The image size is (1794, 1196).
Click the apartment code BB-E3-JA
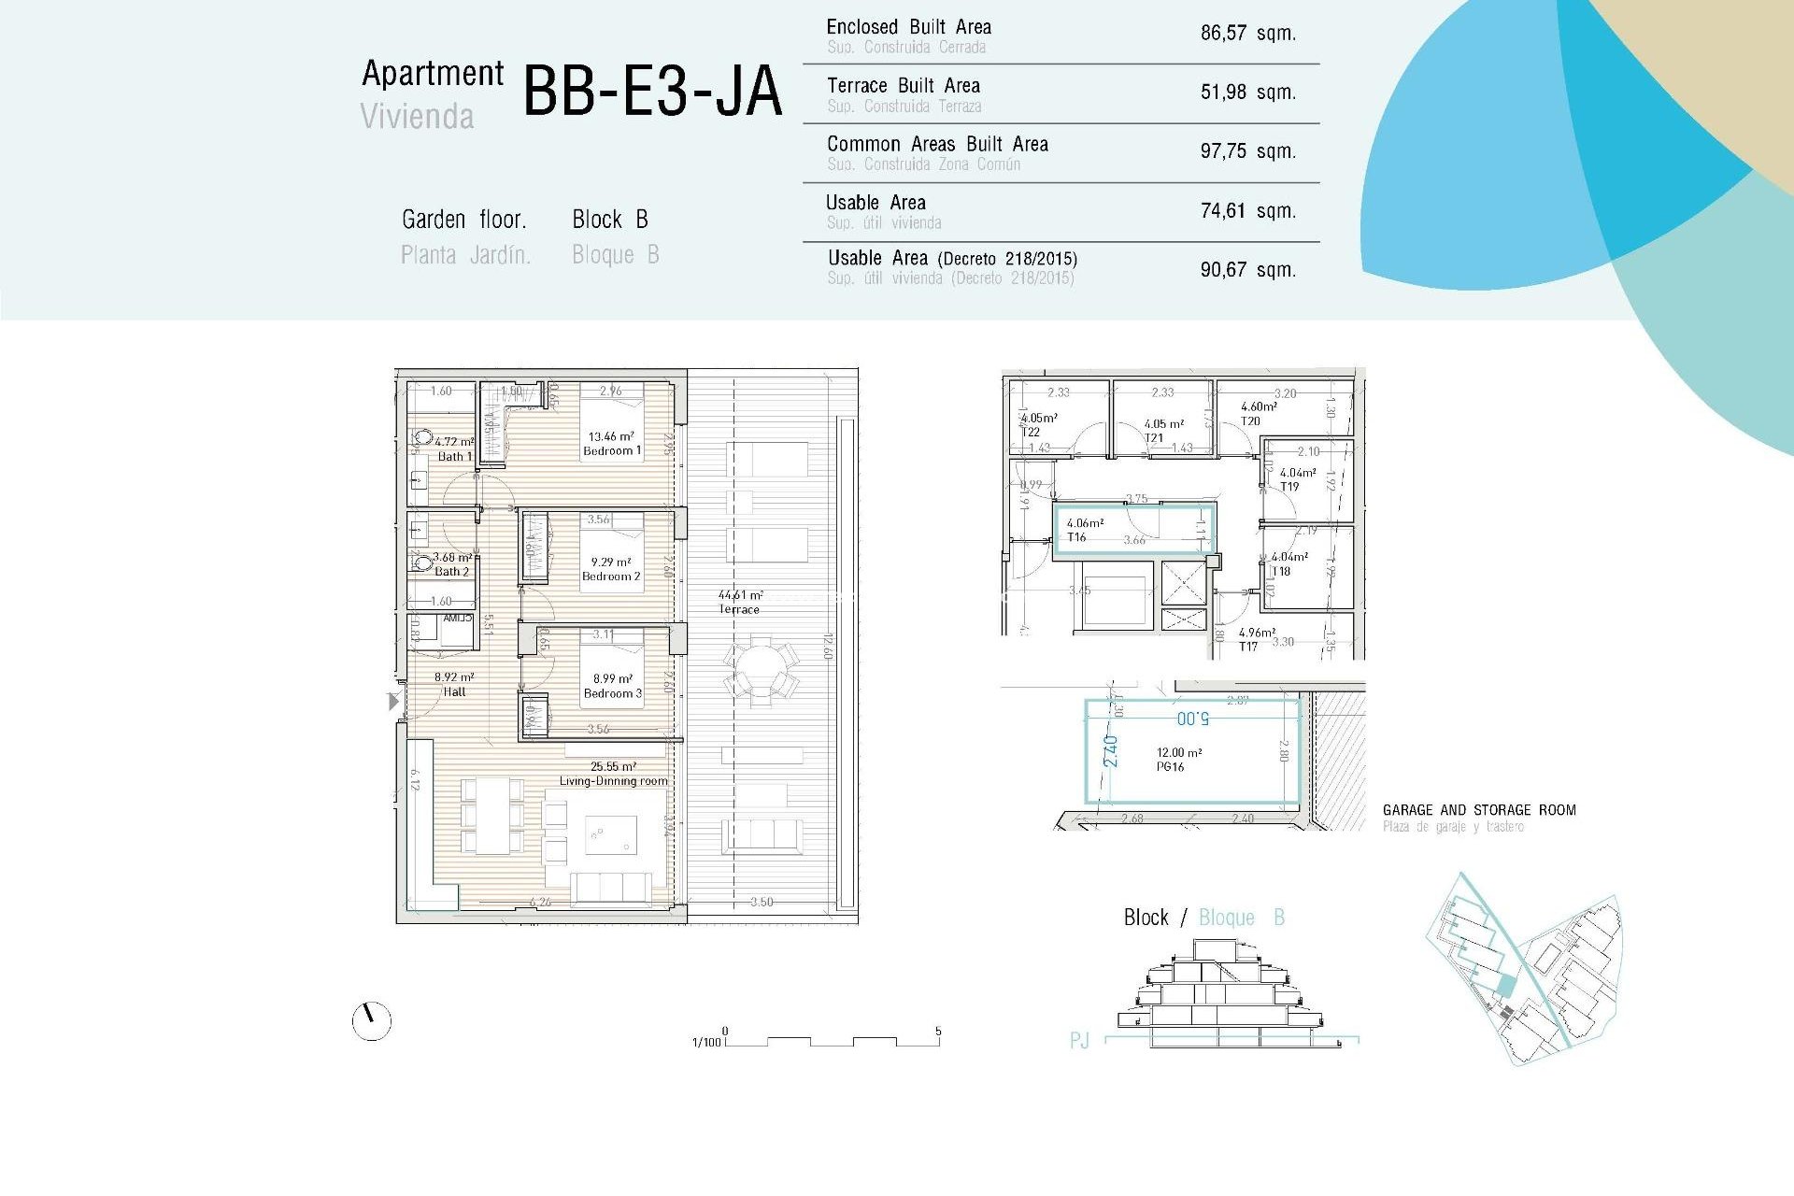(x=651, y=93)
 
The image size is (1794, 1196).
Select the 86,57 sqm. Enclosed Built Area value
(x=1247, y=34)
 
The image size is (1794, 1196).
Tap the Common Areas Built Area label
(x=937, y=145)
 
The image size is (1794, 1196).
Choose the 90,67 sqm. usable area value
(x=1247, y=270)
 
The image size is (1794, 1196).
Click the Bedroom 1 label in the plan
(x=612, y=451)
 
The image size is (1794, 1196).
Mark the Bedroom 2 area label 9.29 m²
(x=610, y=562)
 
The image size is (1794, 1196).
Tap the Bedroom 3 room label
(x=612, y=693)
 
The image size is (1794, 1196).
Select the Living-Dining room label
(x=613, y=781)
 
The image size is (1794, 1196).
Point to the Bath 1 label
(x=455, y=457)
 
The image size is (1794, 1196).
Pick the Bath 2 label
(x=452, y=572)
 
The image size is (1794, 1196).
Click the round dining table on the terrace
(x=761, y=669)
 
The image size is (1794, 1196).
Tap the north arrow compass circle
(x=371, y=1021)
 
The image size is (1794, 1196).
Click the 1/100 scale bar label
(x=706, y=1042)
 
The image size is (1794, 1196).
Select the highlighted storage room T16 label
(x=1076, y=537)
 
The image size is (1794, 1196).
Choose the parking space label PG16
(x=1170, y=767)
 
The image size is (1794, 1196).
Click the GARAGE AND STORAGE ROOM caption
(x=1478, y=810)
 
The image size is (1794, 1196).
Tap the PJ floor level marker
(x=1079, y=1040)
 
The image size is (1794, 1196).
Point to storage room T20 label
(x=1250, y=421)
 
